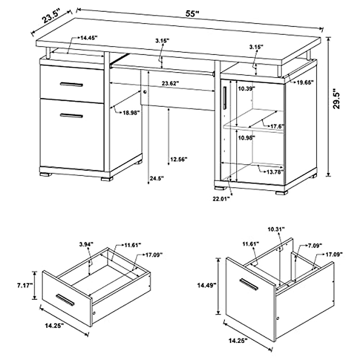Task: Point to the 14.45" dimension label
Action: pyautogui.click(x=89, y=38)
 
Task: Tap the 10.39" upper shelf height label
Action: pyautogui.click(x=246, y=88)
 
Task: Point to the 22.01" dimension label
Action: pyautogui.click(x=221, y=198)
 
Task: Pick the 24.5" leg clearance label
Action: pyautogui.click(x=156, y=178)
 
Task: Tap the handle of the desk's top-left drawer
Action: pyautogui.click(x=71, y=84)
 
